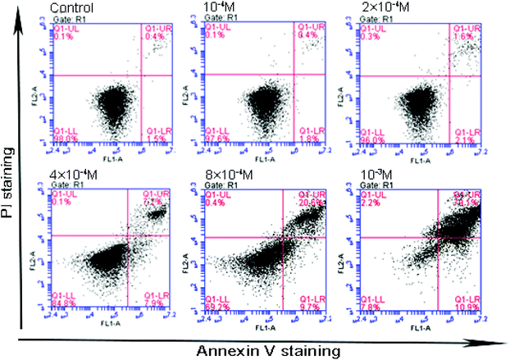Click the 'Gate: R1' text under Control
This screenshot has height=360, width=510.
coord(69,18)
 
